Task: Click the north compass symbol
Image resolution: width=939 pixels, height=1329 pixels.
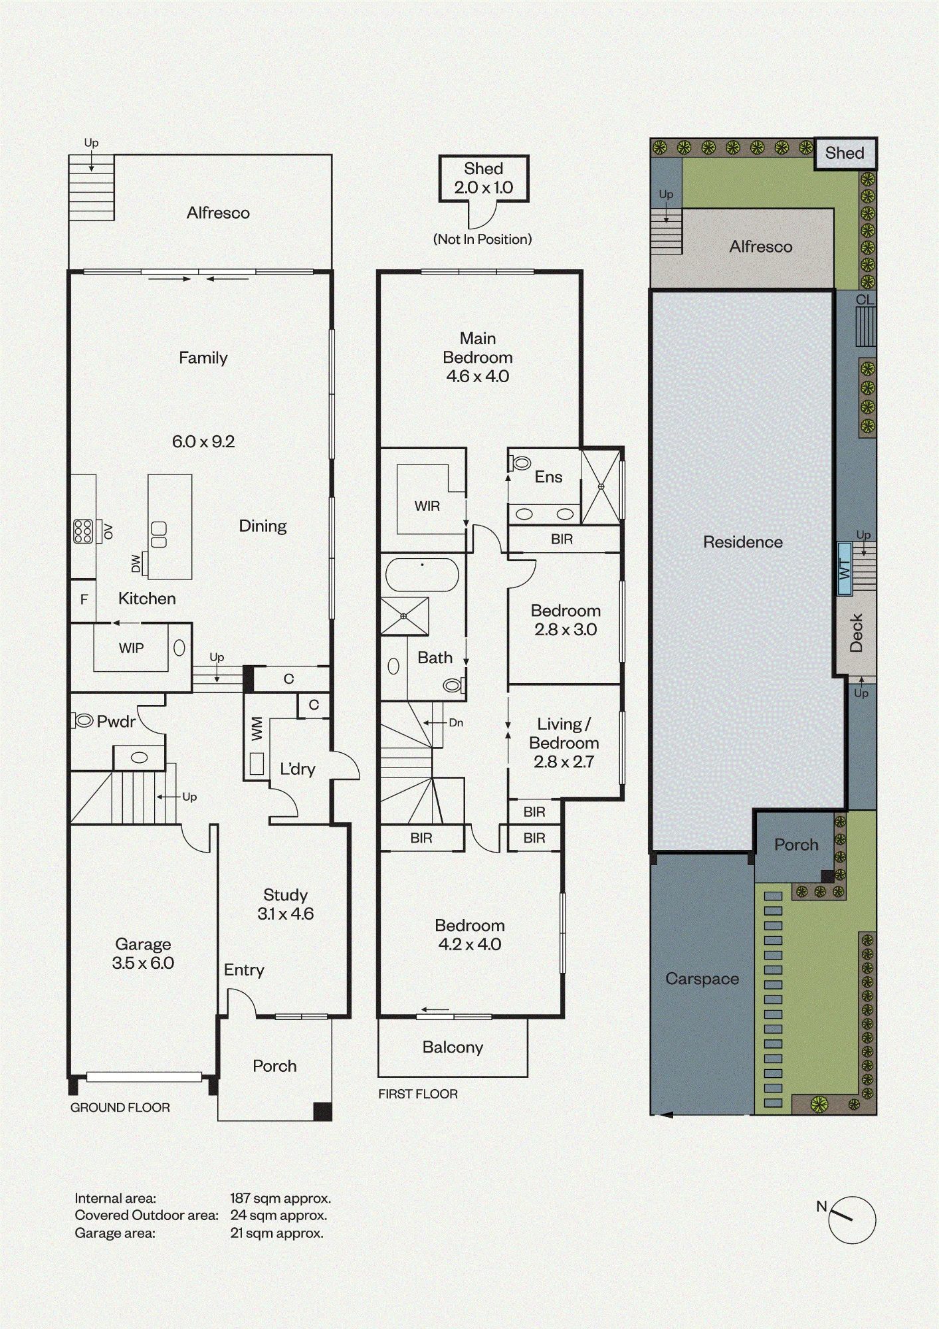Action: pos(852,1220)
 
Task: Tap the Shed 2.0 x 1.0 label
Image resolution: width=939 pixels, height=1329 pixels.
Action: pos(484,178)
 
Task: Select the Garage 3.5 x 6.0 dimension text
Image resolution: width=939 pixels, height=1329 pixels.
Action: pos(143,963)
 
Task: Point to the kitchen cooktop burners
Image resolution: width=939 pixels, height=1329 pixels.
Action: pos(83,531)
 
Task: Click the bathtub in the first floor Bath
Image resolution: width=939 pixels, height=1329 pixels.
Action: pos(422,575)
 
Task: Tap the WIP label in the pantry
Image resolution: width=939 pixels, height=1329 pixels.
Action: pos(131,648)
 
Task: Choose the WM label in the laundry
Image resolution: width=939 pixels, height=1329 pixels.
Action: pos(257,729)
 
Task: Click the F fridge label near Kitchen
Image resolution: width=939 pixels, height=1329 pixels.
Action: pos(84,599)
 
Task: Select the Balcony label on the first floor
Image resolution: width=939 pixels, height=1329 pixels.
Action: pos(453,1047)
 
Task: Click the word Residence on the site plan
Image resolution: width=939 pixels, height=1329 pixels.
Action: pos(743,542)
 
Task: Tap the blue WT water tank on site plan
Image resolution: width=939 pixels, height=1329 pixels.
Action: pos(845,569)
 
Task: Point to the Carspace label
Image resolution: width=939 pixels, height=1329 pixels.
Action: pos(702,979)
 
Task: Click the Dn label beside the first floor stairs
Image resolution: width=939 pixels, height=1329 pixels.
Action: pos(456,722)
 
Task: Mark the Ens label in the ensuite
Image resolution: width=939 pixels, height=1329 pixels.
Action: pos(548,476)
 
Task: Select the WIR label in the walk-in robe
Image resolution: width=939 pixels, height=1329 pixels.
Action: pos(427,506)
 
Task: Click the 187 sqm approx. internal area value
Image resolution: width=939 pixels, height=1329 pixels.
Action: pos(280,1199)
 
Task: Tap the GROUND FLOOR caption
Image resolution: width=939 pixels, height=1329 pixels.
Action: pos(120,1108)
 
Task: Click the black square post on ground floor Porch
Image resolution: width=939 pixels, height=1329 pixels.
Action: pos(322,1112)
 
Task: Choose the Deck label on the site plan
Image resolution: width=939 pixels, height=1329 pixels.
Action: pos(856,633)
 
